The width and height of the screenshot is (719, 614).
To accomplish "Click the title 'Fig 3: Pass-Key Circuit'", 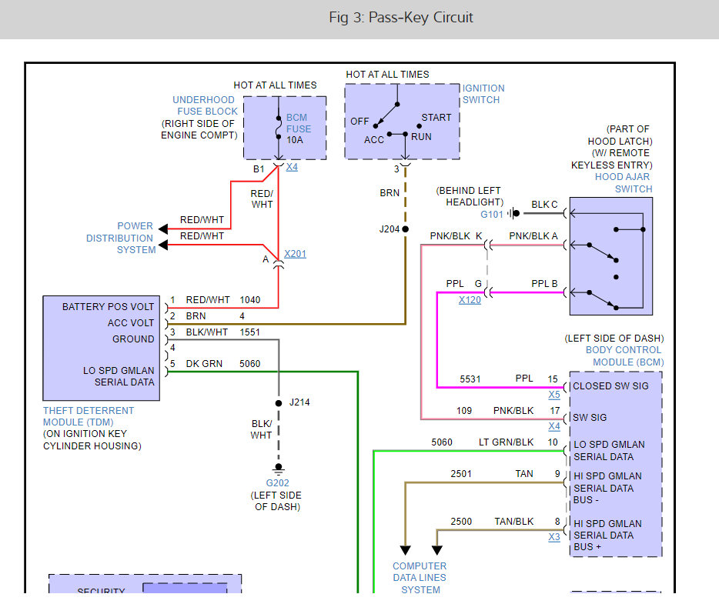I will point(400,17).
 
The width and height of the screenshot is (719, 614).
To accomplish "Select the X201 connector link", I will point(295,254).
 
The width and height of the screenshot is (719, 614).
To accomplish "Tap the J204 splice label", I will point(390,229).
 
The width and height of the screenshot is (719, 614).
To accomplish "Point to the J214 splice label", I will point(299,402).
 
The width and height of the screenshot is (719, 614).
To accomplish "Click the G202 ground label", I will point(277,483).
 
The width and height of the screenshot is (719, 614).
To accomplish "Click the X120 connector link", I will point(470,300).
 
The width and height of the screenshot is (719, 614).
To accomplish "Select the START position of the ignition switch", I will point(436,118).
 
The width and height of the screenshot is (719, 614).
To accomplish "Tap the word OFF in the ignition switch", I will point(359,122).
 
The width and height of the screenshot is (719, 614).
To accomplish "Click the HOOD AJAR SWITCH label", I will point(623,183).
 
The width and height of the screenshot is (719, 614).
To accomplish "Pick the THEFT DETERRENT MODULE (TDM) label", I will point(89,416).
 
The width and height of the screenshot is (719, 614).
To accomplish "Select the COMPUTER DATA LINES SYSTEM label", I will point(420,578).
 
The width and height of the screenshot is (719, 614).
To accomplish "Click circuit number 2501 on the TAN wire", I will point(463,474).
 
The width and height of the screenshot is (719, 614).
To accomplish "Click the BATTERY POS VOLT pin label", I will point(108,307).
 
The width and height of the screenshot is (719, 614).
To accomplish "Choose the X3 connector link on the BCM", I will point(554,537).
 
